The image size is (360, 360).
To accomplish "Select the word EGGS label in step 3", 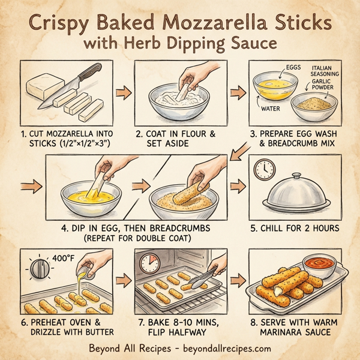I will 292,68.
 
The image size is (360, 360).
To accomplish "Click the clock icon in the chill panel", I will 263,170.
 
